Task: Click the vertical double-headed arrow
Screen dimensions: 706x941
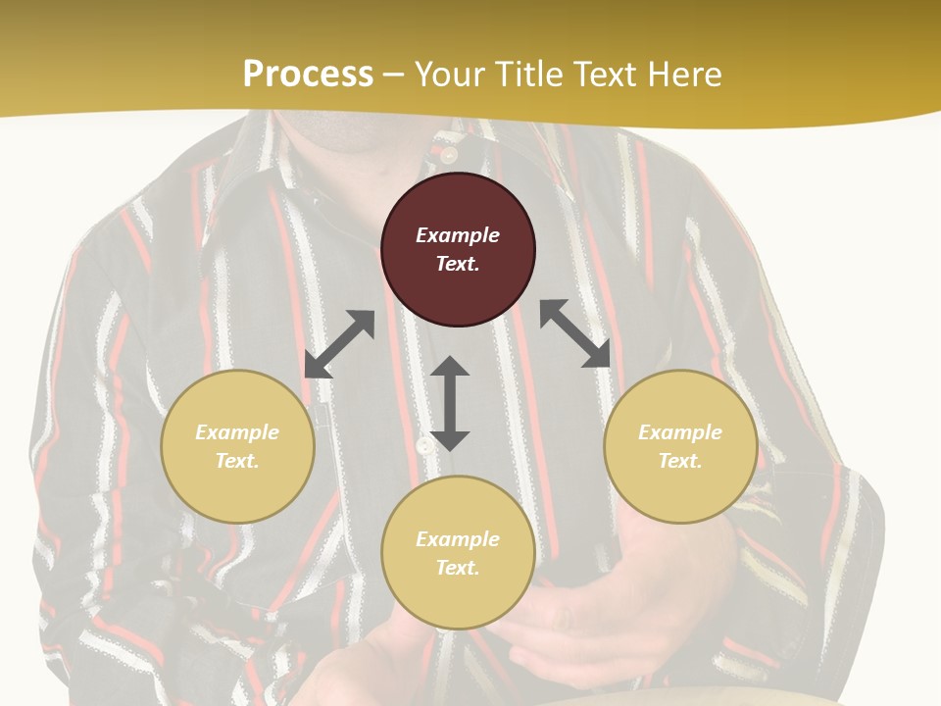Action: point(450,403)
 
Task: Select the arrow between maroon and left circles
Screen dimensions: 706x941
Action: point(339,344)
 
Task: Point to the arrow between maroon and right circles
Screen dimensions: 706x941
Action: point(575,333)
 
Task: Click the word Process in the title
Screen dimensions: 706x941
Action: point(308,75)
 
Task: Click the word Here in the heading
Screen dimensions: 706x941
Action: point(682,75)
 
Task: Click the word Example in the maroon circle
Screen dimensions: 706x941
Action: point(458,235)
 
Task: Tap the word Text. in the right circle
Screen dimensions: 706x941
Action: point(680,461)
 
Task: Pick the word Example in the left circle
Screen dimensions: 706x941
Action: point(237,432)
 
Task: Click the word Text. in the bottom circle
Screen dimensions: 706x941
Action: point(458,568)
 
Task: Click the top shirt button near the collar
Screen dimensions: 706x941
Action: point(449,154)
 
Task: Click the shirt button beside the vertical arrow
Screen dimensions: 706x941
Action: point(423,446)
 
